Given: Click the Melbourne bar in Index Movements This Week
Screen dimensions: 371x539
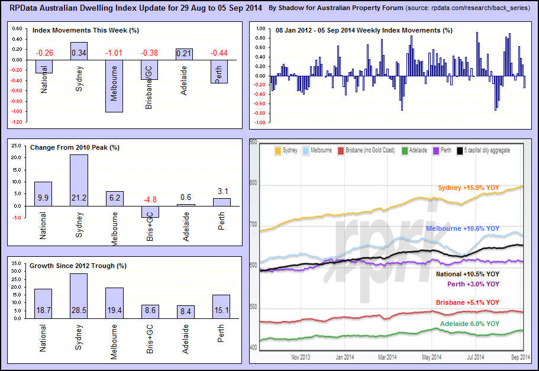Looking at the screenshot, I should pyautogui.click(x=115, y=86).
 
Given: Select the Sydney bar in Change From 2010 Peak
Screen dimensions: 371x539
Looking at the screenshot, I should pyautogui.click(x=79, y=180).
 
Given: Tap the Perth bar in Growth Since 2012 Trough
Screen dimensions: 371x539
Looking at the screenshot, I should pyautogui.click(x=221, y=307).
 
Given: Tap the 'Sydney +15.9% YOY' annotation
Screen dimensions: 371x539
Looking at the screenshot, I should pyautogui.click(x=469, y=188).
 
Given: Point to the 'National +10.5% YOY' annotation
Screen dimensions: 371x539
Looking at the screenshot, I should pyautogui.click(x=467, y=275).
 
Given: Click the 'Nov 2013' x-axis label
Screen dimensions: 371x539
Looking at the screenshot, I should pyautogui.click(x=301, y=357).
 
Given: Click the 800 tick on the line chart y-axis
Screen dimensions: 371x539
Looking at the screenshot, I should pyautogui.click(x=254, y=183).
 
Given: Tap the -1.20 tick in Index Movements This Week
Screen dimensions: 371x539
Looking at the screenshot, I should pyautogui.click(x=17, y=122).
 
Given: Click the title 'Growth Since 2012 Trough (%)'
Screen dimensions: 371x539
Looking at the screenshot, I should pyautogui.click(x=78, y=266).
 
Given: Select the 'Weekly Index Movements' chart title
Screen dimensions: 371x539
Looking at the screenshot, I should pyautogui.click(x=364, y=30).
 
